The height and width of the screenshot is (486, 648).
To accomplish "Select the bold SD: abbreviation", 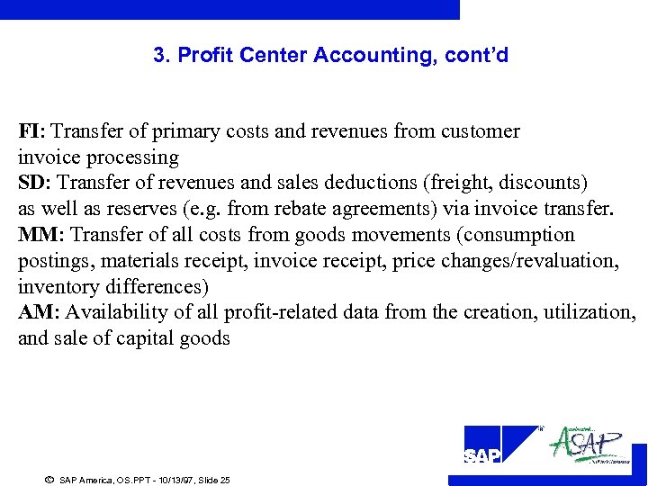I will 34,184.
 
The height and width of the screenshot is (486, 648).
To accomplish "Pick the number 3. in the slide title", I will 162,56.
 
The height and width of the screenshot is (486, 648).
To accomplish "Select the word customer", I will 480,131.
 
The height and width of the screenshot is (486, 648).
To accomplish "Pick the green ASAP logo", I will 587,445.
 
